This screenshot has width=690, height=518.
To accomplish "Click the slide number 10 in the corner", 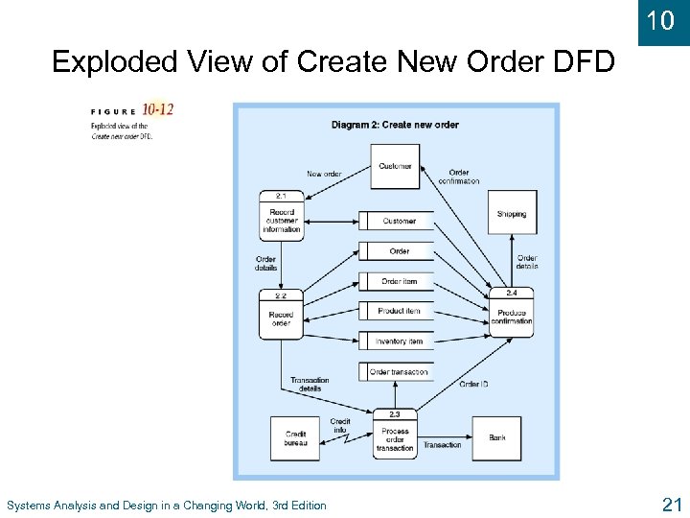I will tap(661, 21).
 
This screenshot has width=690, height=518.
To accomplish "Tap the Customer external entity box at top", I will tap(395, 166).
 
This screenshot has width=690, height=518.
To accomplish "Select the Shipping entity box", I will tap(512, 214).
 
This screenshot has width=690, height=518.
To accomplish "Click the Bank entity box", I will tap(497, 437).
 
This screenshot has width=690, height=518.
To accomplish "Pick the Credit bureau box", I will tap(295, 437).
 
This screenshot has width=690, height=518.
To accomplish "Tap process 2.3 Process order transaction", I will tap(395, 437).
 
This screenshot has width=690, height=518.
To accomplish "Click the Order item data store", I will tap(399, 281).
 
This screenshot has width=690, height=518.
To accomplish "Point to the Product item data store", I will tap(399, 311).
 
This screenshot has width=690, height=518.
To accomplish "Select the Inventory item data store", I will tap(399, 341).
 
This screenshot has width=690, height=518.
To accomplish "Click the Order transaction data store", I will tap(399, 371).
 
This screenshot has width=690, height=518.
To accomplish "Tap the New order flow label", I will tap(324, 174).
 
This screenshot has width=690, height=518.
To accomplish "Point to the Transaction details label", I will tap(310, 384).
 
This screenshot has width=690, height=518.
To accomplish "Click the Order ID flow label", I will tap(474, 384).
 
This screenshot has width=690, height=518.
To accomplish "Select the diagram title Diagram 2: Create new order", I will tap(395, 125).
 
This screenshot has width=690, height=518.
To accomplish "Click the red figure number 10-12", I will tap(158, 109).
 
